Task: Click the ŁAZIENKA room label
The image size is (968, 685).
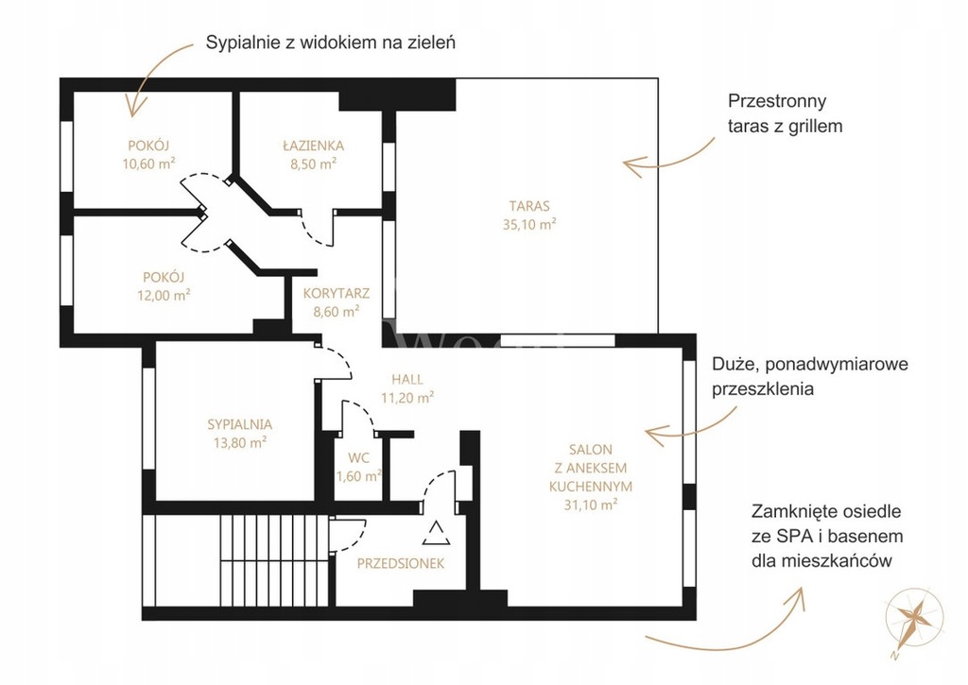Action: coord(314,146)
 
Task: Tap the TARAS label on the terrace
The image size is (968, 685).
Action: coord(529,206)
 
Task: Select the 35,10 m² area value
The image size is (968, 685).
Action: coord(529,224)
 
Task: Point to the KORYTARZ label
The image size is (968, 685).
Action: coord(337,294)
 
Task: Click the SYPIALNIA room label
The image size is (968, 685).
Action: coord(239,424)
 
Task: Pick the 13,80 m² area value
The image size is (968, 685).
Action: coord(239,442)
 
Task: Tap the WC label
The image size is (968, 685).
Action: coord(358,458)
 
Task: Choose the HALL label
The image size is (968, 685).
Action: coord(406,380)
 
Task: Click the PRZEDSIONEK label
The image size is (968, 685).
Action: coord(401,563)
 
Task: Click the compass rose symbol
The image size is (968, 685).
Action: coord(914,618)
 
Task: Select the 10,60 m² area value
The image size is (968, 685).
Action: coord(148,163)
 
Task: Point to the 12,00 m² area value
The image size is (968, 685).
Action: coord(164,295)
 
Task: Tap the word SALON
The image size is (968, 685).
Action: coord(591,450)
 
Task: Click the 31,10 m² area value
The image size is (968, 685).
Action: coord(591,505)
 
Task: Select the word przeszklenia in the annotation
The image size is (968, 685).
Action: coord(763,389)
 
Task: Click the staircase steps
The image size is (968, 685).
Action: coord(274,560)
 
